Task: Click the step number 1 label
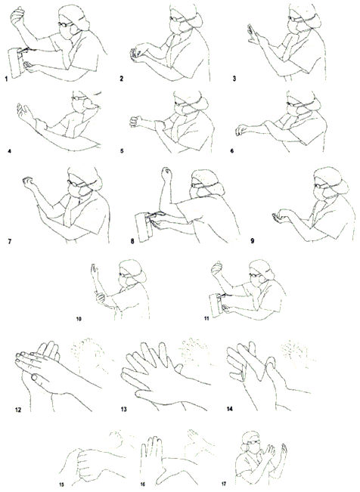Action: click(6, 79)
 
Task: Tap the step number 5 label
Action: click(122, 151)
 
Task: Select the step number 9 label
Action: click(252, 241)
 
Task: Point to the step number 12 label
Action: click(18, 410)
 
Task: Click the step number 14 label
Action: click(230, 409)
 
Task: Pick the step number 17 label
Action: click(223, 484)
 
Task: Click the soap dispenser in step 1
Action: click(15, 63)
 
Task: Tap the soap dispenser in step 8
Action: click(143, 226)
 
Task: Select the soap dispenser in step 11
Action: click(216, 305)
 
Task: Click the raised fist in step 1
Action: click(17, 15)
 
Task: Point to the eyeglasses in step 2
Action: click(177, 19)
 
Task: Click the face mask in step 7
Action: click(78, 190)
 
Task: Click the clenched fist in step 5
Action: click(136, 122)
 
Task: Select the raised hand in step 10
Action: click(94, 271)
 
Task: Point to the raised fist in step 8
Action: click(166, 174)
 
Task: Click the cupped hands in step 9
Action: click(281, 216)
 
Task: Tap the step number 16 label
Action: click(143, 484)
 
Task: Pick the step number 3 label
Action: click(234, 79)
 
